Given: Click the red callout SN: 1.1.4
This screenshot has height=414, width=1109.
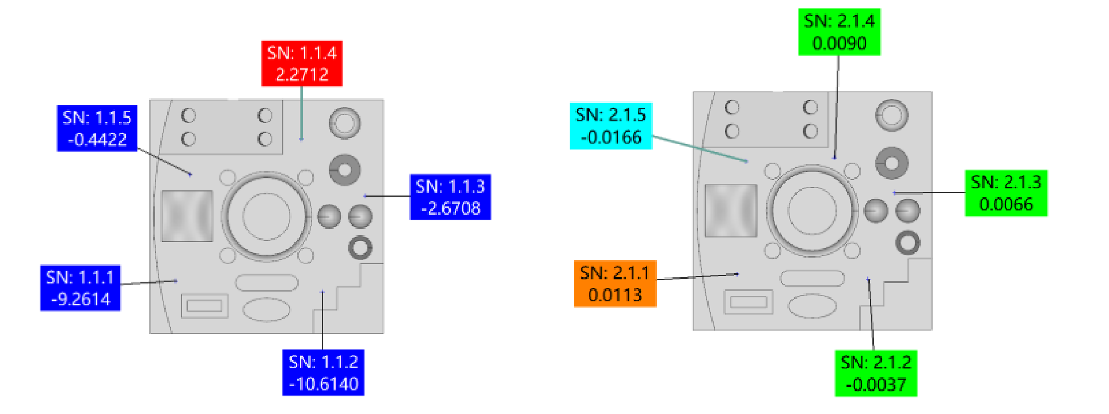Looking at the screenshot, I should (302, 63).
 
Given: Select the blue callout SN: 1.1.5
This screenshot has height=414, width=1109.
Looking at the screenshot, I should (97, 128).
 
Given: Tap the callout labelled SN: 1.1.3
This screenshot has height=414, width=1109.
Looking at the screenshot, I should (450, 197).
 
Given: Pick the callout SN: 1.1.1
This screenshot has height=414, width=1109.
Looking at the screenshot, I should (80, 287).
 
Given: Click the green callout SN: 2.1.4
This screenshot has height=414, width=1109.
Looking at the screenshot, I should (839, 32).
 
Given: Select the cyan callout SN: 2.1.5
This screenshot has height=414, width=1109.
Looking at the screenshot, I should (610, 126).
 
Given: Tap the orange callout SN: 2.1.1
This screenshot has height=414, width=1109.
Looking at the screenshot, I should (615, 283).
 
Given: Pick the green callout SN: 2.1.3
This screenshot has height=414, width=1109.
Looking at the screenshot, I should (1006, 193).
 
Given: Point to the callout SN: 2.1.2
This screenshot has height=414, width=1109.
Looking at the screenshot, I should (875, 373).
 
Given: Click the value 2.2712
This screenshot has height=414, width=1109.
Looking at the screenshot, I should (302, 75).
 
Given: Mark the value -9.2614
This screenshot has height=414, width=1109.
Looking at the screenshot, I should (80, 299).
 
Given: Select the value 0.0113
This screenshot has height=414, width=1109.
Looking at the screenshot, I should (615, 295).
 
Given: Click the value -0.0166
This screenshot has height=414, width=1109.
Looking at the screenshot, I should (610, 137).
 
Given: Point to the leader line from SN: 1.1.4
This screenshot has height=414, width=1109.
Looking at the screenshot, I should (302, 112).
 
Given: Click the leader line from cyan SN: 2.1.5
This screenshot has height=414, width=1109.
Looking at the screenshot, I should (700, 149).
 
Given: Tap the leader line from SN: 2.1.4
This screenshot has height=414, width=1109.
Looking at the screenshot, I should (837, 103).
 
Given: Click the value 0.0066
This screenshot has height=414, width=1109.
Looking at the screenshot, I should (1006, 205).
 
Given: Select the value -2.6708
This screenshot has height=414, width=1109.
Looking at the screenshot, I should (450, 208).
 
